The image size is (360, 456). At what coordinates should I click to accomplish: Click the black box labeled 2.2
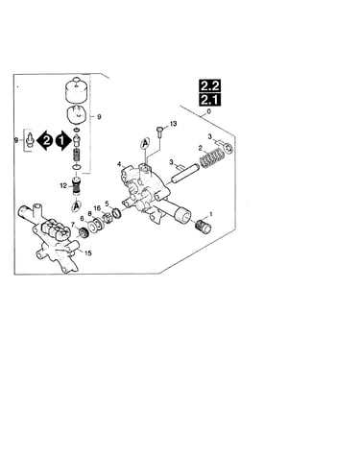[x=209, y=85]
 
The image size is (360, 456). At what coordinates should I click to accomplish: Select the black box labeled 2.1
[x=209, y=100]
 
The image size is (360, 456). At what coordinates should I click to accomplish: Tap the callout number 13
[x=173, y=124]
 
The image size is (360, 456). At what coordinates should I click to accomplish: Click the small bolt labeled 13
[x=159, y=132]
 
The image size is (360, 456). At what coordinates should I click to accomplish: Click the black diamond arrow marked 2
[x=46, y=141]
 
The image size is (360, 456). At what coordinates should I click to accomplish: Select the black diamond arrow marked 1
[x=62, y=141]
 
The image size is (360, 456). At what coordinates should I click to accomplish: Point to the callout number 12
[x=63, y=185]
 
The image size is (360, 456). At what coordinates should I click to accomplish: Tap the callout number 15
[x=87, y=253]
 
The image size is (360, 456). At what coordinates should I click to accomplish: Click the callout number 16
[x=97, y=208]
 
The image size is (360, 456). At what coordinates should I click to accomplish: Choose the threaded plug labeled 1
[x=204, y=227]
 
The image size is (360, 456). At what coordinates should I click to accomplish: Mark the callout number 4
[x=119, y=164]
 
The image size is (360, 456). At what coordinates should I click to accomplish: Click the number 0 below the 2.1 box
[x=209, y=112]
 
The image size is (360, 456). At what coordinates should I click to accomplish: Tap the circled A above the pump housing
[x=145, y=144]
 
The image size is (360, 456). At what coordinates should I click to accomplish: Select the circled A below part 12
[x=77, y=206]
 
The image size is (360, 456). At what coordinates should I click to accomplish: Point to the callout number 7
[x=73, y=225]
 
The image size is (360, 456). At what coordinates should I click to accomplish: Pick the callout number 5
[x=107, y=204]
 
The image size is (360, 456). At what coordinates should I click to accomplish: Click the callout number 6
[x=82, y=218]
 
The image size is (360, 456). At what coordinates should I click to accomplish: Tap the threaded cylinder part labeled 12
[x=76, y=186]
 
